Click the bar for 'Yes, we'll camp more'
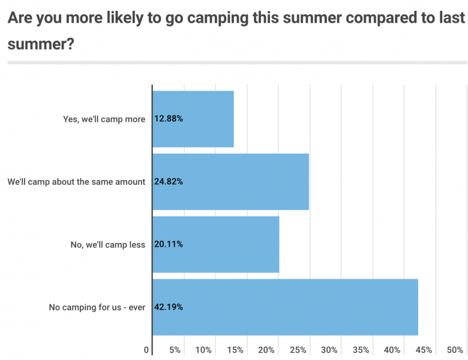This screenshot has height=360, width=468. click(193, 119)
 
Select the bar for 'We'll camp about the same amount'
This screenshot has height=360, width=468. click(231, 182)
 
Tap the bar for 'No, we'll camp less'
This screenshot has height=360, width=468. click(216, 244)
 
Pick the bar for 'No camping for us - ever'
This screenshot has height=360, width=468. click(285, 307)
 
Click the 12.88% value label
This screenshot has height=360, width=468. click(169, 119)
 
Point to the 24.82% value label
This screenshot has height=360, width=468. click(169, 182)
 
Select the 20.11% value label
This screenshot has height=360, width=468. click(169, 244)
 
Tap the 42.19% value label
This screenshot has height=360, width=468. click(169, 307)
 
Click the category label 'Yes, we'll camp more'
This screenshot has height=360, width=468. click(104, 119)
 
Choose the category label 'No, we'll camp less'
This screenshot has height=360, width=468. click(108, 244)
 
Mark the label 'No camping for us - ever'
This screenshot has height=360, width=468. click(97, 307)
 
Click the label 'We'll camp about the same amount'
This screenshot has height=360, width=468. click(77, 182)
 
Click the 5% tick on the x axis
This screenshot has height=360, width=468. click(175, 350)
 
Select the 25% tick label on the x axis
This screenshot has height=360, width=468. click(298, 350)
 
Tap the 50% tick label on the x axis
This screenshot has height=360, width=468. click(455, 350)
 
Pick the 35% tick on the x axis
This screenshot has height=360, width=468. click(361, 350)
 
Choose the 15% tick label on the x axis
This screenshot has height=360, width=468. click(235, 350)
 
